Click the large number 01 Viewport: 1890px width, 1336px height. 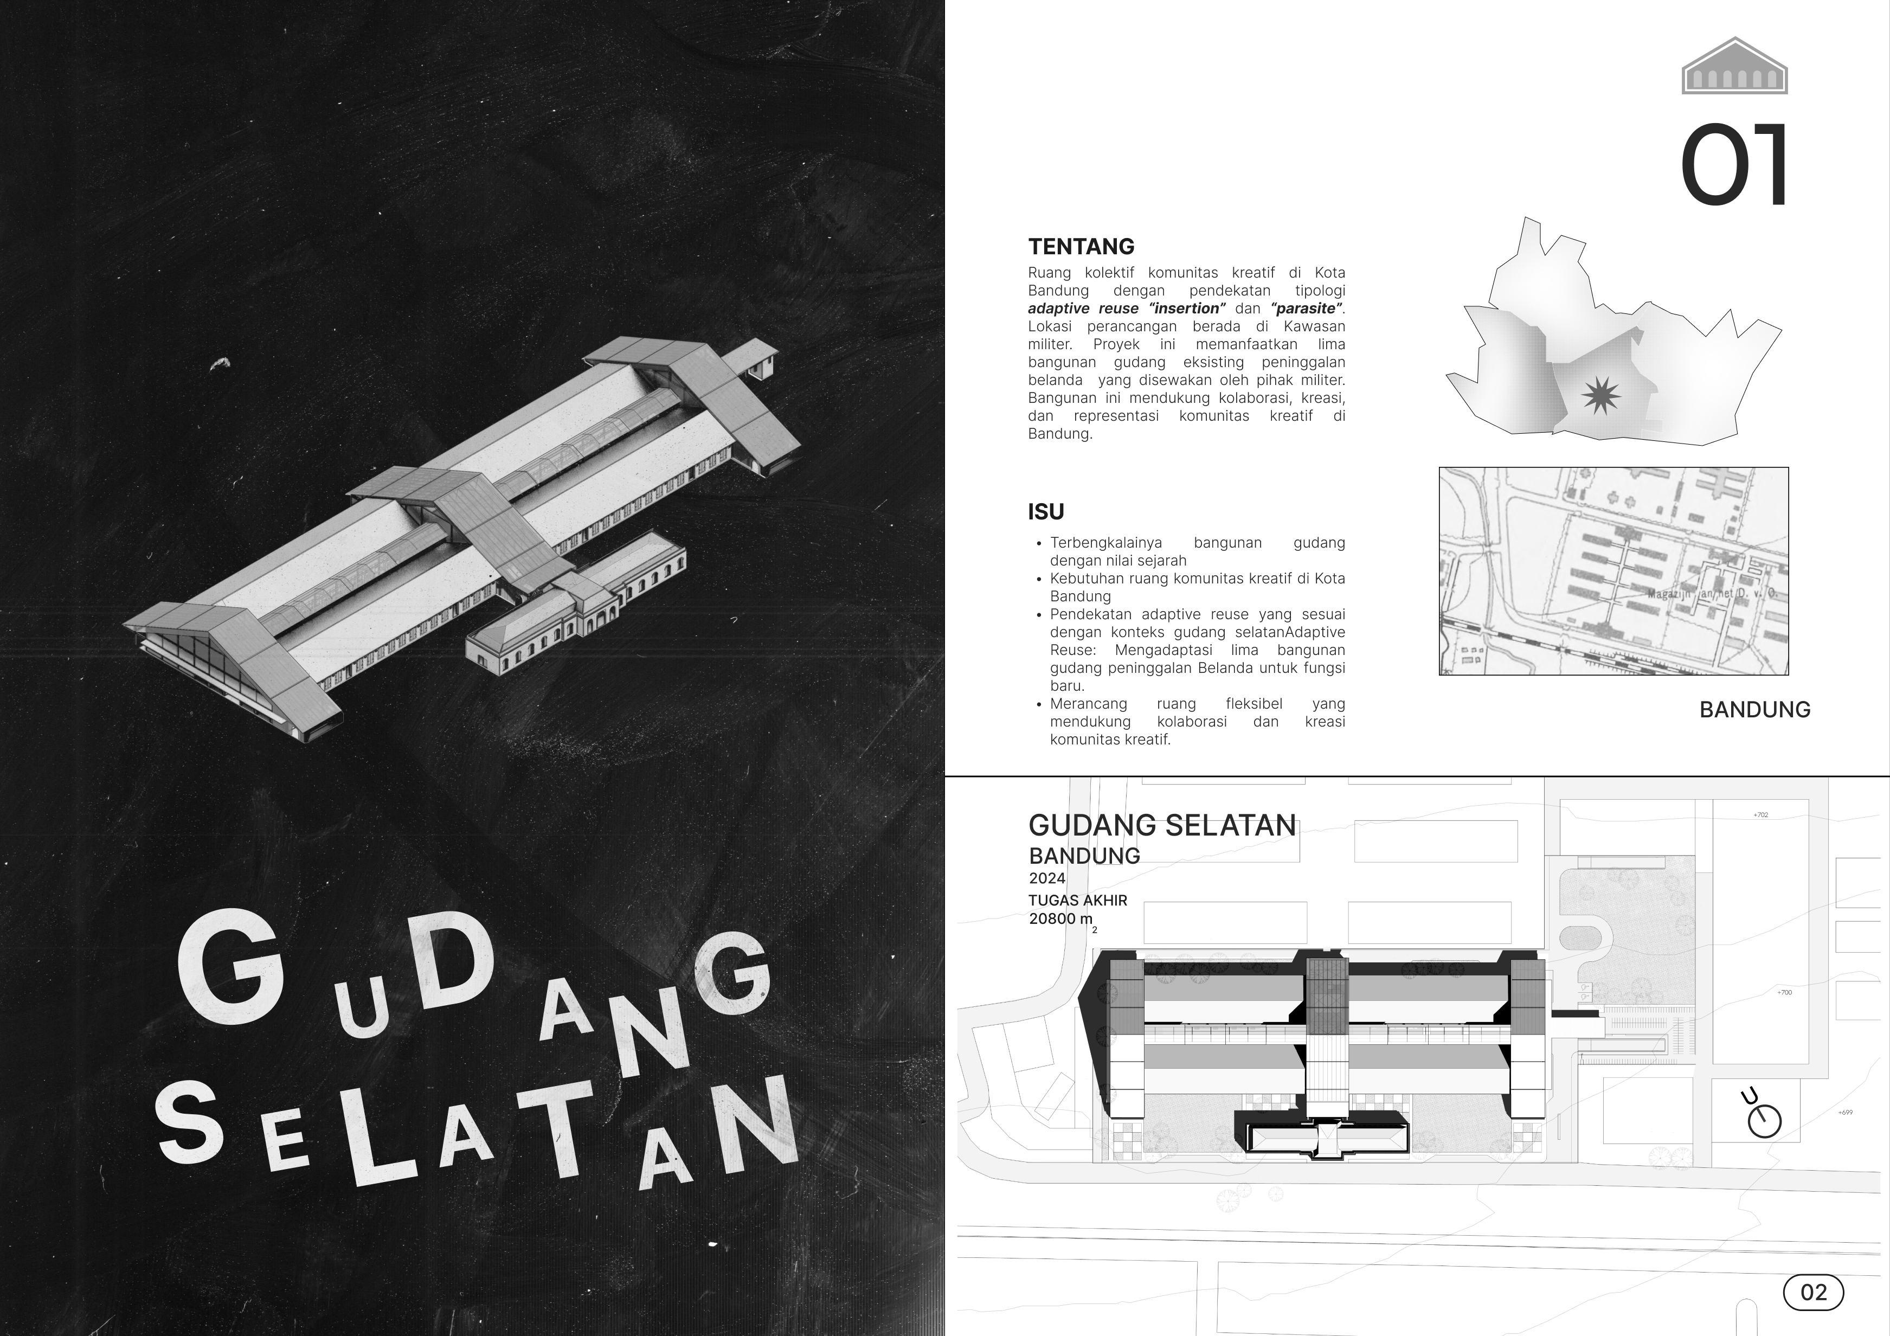point(1734,165)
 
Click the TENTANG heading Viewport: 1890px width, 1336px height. point(1081,246)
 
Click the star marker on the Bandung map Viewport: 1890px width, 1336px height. point(1601,396)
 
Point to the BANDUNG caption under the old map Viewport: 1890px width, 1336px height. point(1754,710)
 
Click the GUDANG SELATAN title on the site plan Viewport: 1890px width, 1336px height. point(1161,825)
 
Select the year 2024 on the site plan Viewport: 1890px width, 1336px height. point(1047,878)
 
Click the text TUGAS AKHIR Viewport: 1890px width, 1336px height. point(1077,901)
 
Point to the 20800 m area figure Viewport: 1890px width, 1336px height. point(1061,919)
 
